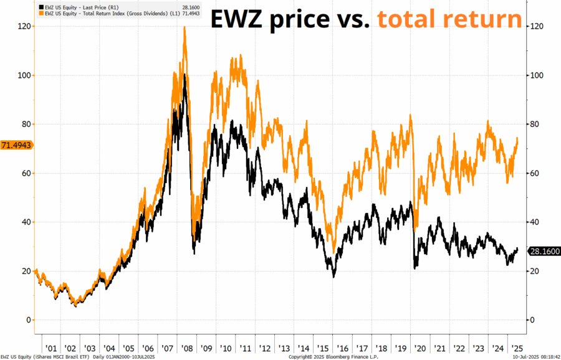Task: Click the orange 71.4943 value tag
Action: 16,145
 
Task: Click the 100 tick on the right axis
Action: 537,75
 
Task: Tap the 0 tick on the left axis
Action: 27,320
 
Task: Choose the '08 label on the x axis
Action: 186,348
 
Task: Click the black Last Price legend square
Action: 39,6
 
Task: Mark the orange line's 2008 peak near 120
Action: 185,27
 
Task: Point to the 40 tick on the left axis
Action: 26,222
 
